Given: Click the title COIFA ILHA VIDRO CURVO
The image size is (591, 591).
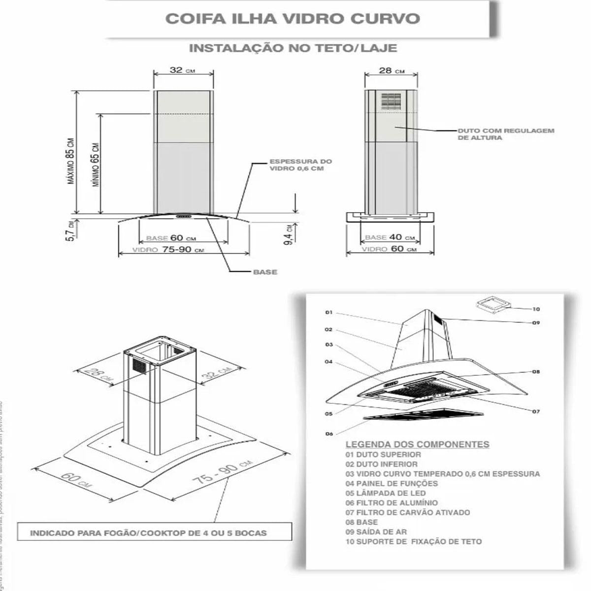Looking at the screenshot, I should pyautogui.click(x=293, y=19).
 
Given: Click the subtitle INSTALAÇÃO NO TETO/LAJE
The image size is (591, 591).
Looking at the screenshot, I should pyautogui.click(x=293, y=48).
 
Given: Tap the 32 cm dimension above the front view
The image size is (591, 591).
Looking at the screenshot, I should pyautogui.click(x=182, y=70).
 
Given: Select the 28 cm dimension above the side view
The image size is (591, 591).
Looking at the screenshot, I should pyautogui.click(x=392, y=70).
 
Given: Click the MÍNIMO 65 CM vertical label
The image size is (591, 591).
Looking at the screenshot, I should pyautogui.click(x=96, y=164).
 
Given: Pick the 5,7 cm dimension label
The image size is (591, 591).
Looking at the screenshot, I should pyautogui.click(x=71, y=230).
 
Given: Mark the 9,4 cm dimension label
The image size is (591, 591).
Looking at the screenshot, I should pyautogui.click(x=291, y=233).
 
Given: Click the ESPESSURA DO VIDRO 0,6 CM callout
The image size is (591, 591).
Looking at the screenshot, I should pyautogui.click(x=300, y=165).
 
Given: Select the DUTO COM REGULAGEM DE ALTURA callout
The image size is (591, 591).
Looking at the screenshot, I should pyautogui.click(x=506, y=134).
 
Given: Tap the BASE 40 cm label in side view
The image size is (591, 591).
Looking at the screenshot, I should pyautogui.click(x=390, y=237).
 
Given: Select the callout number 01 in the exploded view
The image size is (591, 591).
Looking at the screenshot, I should pyautogui.click(x=329, y=312).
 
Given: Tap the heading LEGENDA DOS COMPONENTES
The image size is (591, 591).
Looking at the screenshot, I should pyautogui.click(x=417, y=444).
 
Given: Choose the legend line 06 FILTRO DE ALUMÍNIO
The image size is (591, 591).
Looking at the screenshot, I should pyautogui.click(x=392, y=503).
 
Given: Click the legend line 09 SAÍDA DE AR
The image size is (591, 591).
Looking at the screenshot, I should pyautogui.click(x=376, y=532).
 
